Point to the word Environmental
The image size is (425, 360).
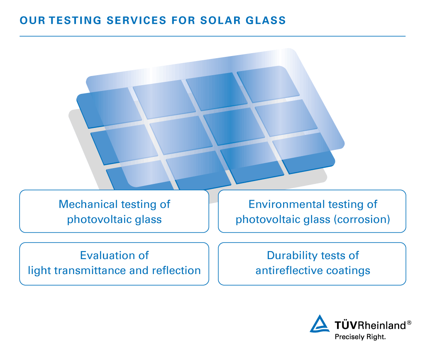286,204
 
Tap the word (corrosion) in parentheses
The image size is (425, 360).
361,219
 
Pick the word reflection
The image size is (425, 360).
176,270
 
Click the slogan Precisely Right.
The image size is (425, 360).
360,337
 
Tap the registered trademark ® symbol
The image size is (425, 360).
409,323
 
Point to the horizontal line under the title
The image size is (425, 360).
212,36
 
